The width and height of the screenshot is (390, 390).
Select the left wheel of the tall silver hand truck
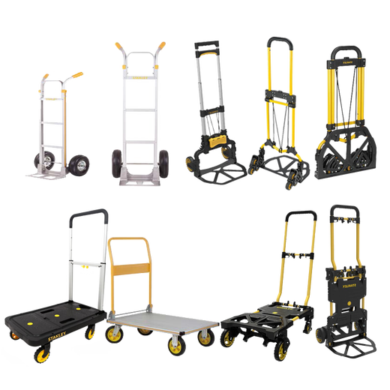[x=118, y=162]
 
